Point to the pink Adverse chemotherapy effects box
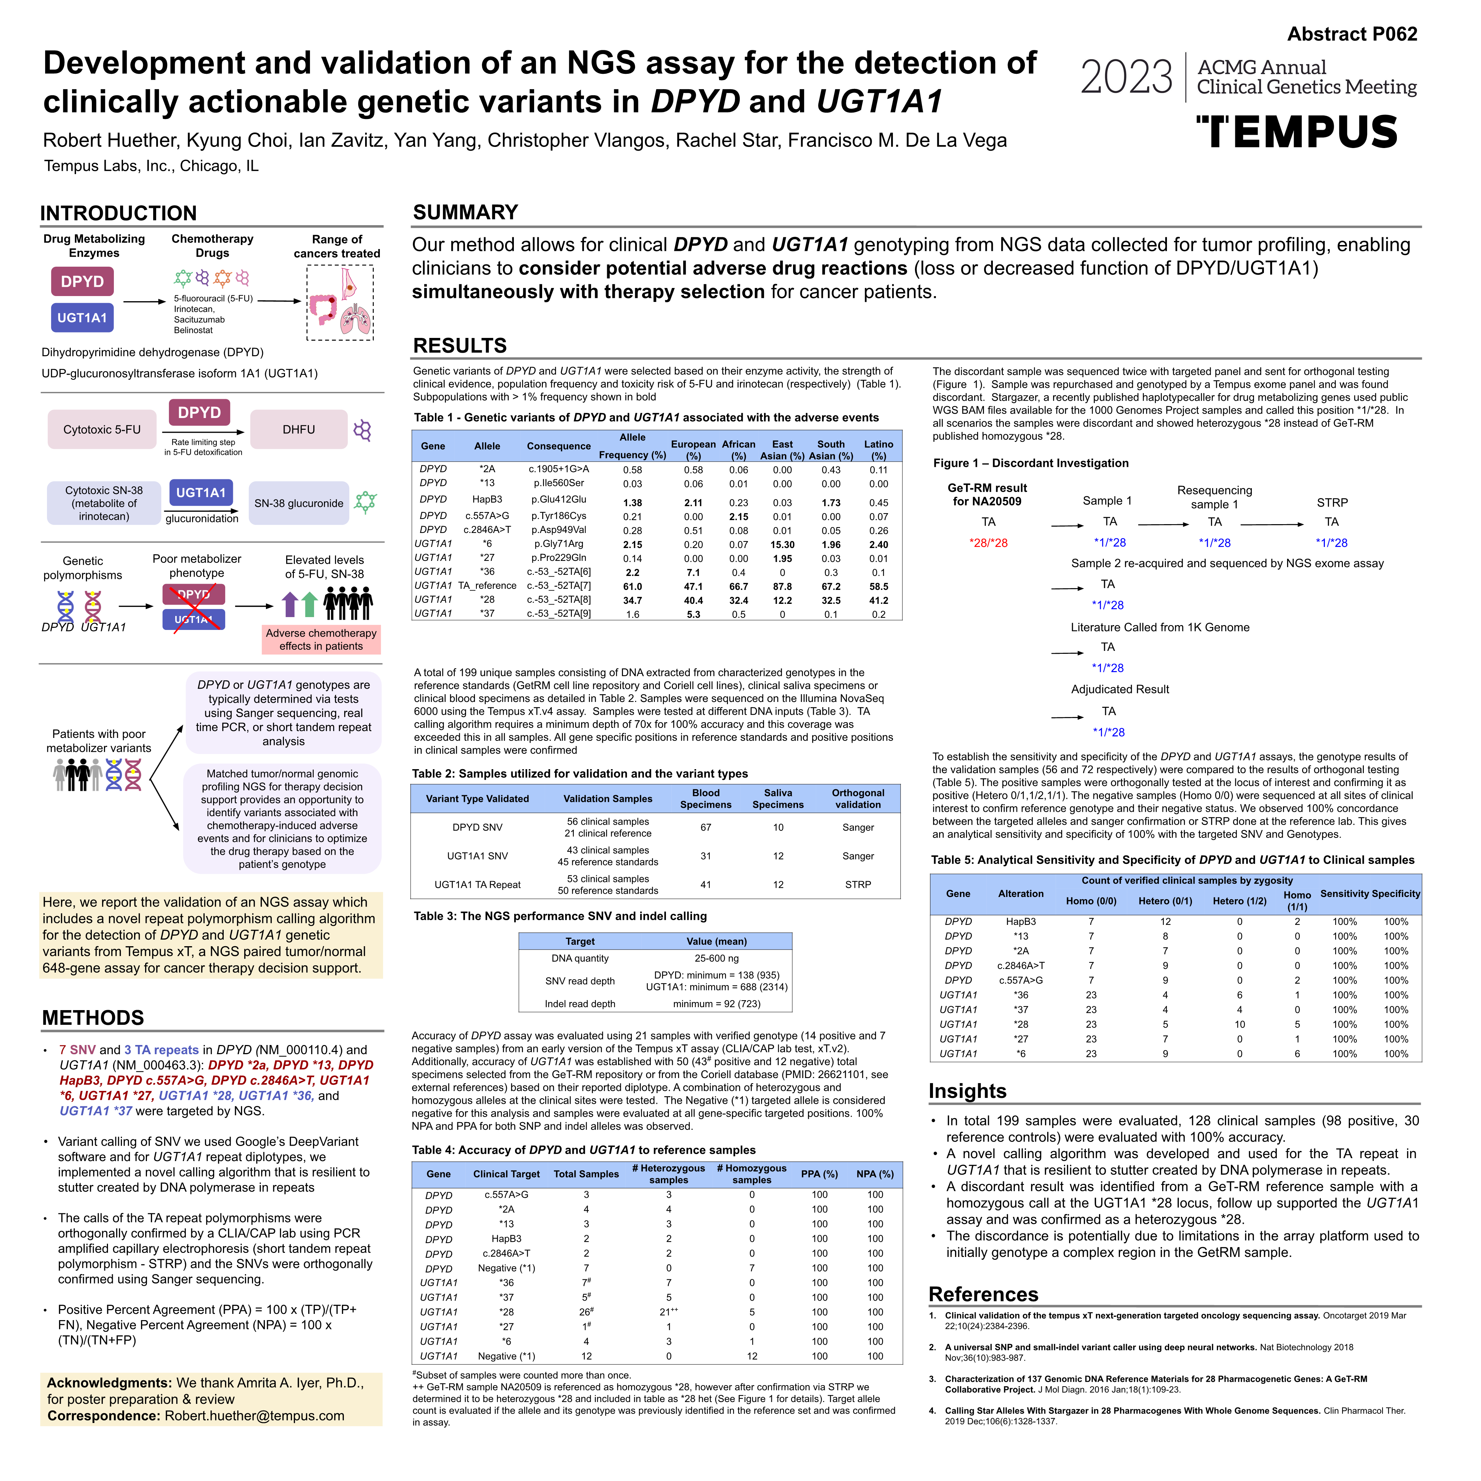[x=321, y=639]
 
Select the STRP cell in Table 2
[x=858, y=884]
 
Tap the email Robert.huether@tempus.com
[x=255, y=1416]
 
